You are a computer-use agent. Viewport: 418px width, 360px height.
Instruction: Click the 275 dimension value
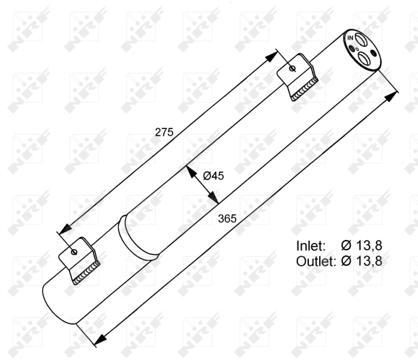point(164,132)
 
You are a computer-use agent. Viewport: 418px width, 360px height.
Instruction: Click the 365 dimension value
point(227,218)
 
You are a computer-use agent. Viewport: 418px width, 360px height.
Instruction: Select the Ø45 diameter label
point(213,176)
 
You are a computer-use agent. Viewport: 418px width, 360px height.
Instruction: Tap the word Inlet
point(311,245)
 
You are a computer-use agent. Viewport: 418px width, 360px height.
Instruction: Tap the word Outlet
point(315,260)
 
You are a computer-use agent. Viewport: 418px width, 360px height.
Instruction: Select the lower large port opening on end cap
point(364,58)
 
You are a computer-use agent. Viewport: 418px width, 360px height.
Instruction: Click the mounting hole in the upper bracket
point(292,68)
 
